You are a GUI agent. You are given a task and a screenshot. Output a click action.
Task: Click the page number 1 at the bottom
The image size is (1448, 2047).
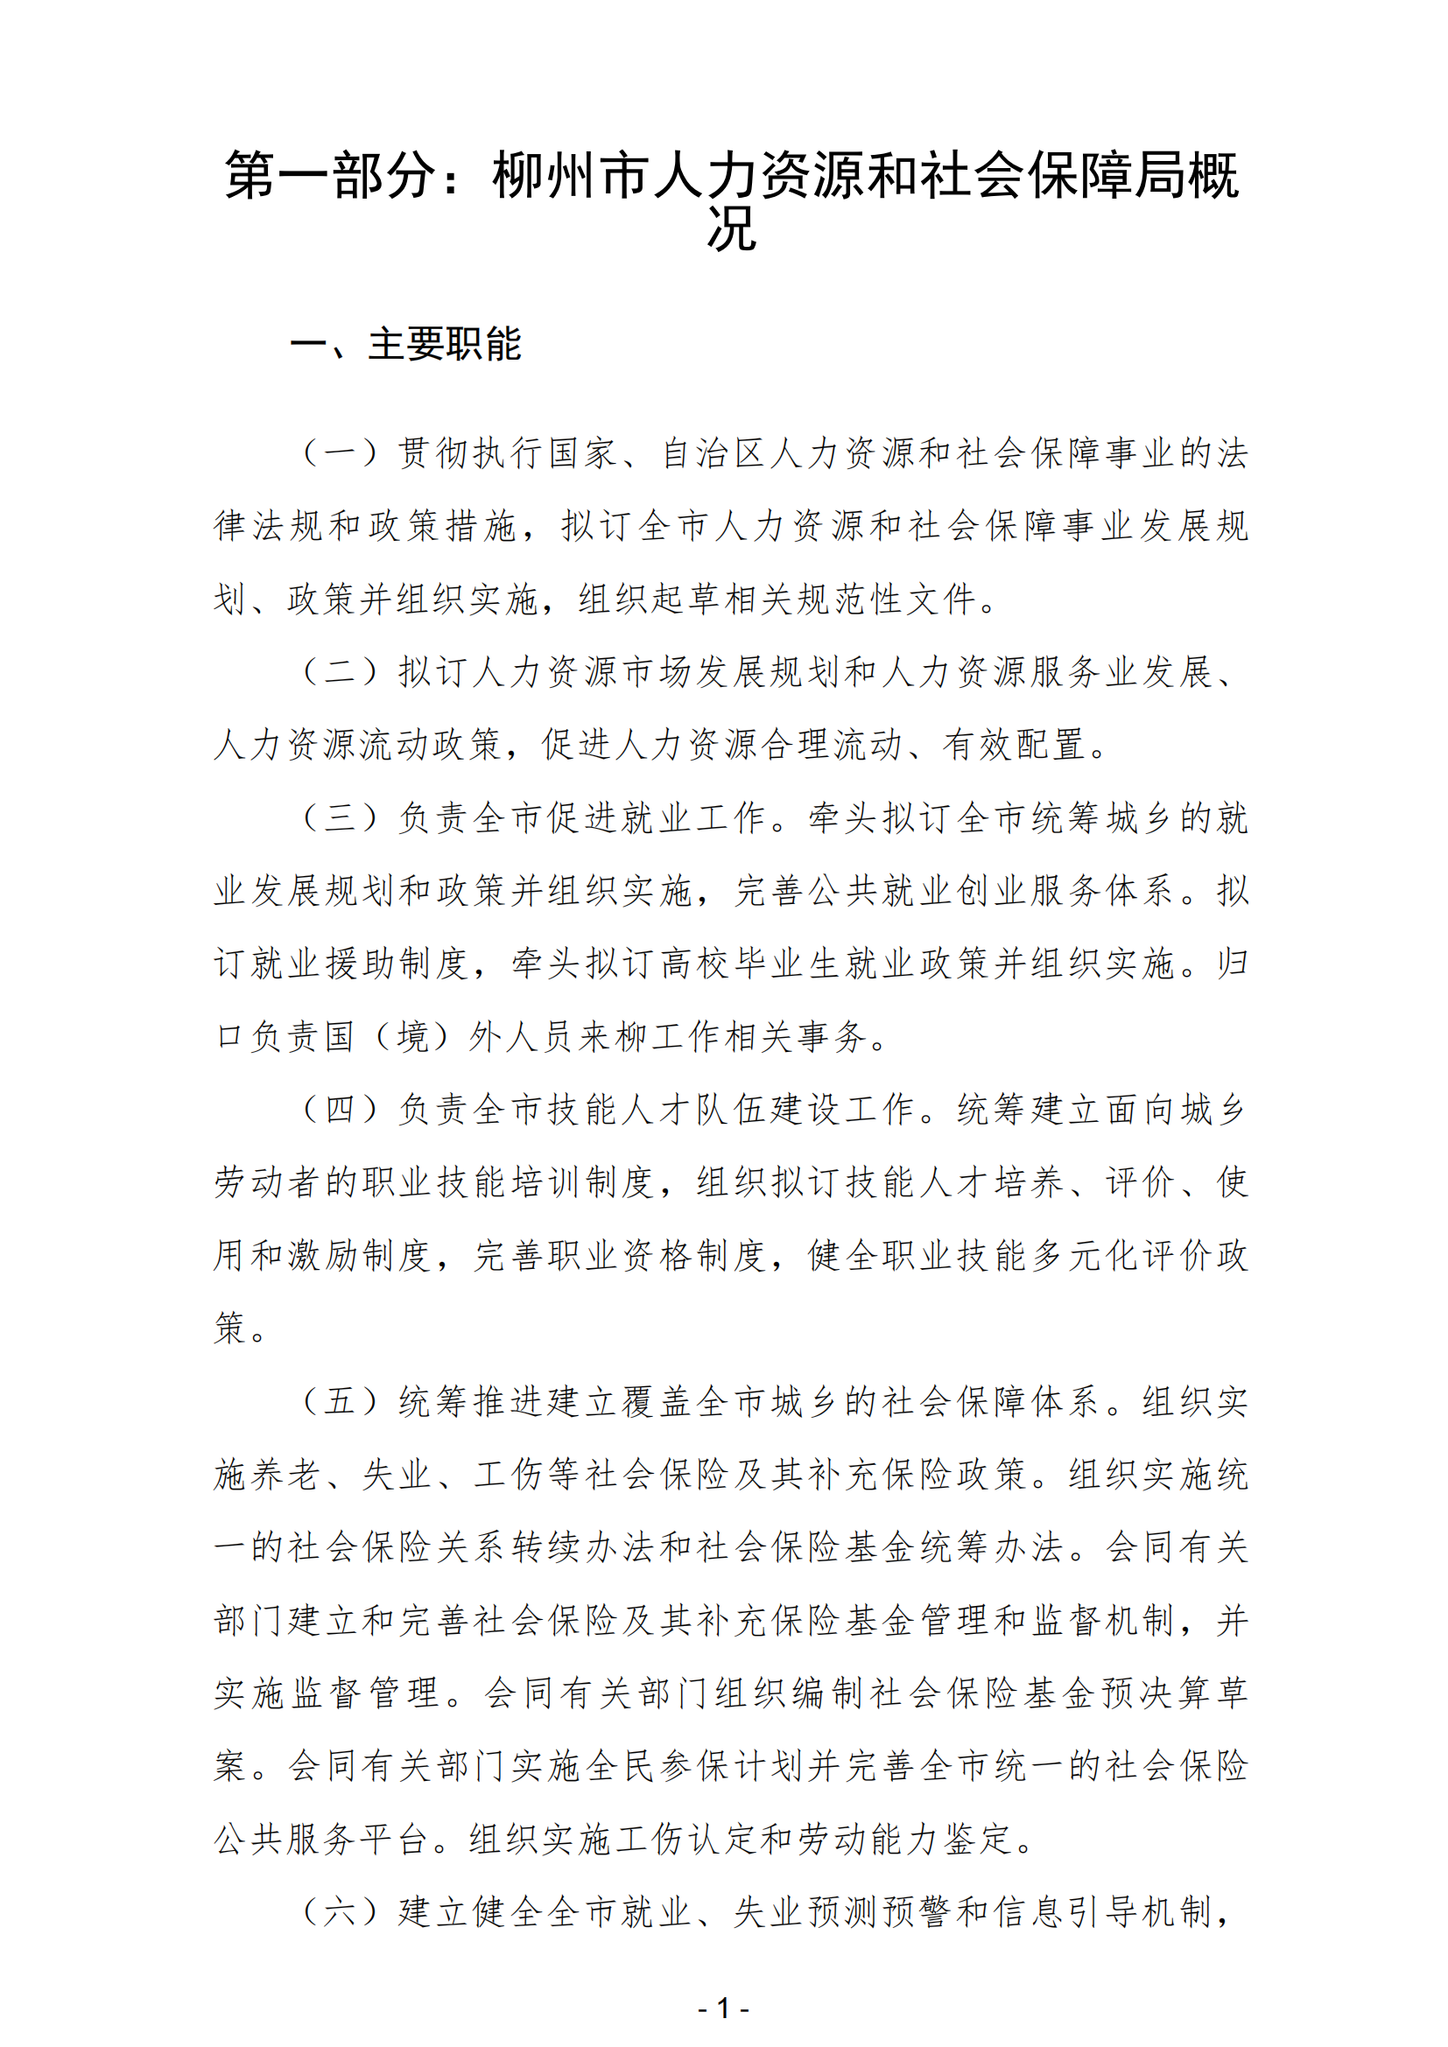723,2008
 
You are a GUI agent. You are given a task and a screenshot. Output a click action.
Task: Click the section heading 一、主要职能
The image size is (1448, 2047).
405,344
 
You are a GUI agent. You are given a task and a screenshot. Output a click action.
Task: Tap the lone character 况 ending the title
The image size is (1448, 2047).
731,229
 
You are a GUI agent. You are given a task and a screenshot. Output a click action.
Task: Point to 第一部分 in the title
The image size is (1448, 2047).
330,175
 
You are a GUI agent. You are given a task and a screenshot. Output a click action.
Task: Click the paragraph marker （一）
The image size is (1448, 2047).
339,453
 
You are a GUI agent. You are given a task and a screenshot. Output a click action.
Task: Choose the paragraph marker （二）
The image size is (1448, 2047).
339,671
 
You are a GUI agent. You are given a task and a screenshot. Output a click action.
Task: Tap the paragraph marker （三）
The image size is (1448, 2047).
339,817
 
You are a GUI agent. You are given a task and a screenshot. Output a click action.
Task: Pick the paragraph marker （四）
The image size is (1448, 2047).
339,1109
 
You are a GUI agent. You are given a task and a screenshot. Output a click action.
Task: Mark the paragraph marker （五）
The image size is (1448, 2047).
339,1400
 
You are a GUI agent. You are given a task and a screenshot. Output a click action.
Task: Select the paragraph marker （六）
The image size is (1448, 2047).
339,1910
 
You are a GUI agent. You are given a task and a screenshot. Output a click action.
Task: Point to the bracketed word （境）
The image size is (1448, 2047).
413,1036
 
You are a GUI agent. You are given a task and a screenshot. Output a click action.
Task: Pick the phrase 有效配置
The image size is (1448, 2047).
1016,745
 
